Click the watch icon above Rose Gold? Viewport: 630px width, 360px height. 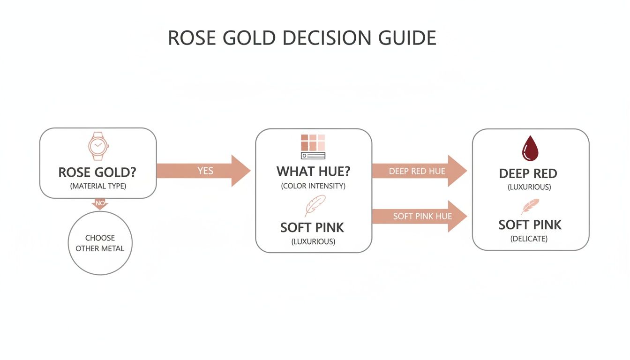(98, 146)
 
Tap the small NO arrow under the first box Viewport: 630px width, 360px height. (100, 203)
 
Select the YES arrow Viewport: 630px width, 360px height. (204, 171)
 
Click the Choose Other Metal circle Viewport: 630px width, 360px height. (100, 243)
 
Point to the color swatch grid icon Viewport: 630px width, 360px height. (313, 146)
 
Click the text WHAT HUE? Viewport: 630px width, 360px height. (313, 171)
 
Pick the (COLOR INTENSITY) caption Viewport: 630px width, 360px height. (313, 186)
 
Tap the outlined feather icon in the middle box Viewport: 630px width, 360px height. (315, 205)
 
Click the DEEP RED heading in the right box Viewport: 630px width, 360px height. (528, 173)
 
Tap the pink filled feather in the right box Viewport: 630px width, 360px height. (530, 206)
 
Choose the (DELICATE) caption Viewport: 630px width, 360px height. (529, 239)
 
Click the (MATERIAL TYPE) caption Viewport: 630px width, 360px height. (98, 186)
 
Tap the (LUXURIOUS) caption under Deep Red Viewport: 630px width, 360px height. (529, 187)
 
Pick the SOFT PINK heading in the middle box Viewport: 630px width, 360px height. (312, 228)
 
